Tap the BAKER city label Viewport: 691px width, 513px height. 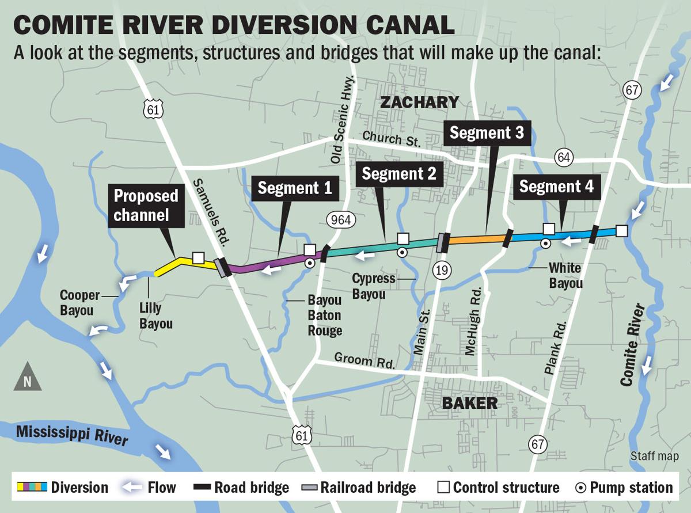pos(470,402)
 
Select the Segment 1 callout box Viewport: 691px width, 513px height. pos(294,188)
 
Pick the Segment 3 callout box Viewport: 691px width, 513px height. pos(487,133)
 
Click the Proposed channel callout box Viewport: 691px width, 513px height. pos(146,205)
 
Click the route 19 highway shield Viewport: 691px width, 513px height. pos(442,269)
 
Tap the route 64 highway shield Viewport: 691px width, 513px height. pos(562,157)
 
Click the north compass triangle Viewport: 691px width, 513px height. pos(28,378)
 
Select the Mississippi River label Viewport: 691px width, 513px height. pos(72,436)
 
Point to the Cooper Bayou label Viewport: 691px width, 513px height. pos(79,302)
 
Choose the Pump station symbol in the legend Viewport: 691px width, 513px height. pos(582,488)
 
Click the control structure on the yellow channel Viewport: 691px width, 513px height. pos(198,257)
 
